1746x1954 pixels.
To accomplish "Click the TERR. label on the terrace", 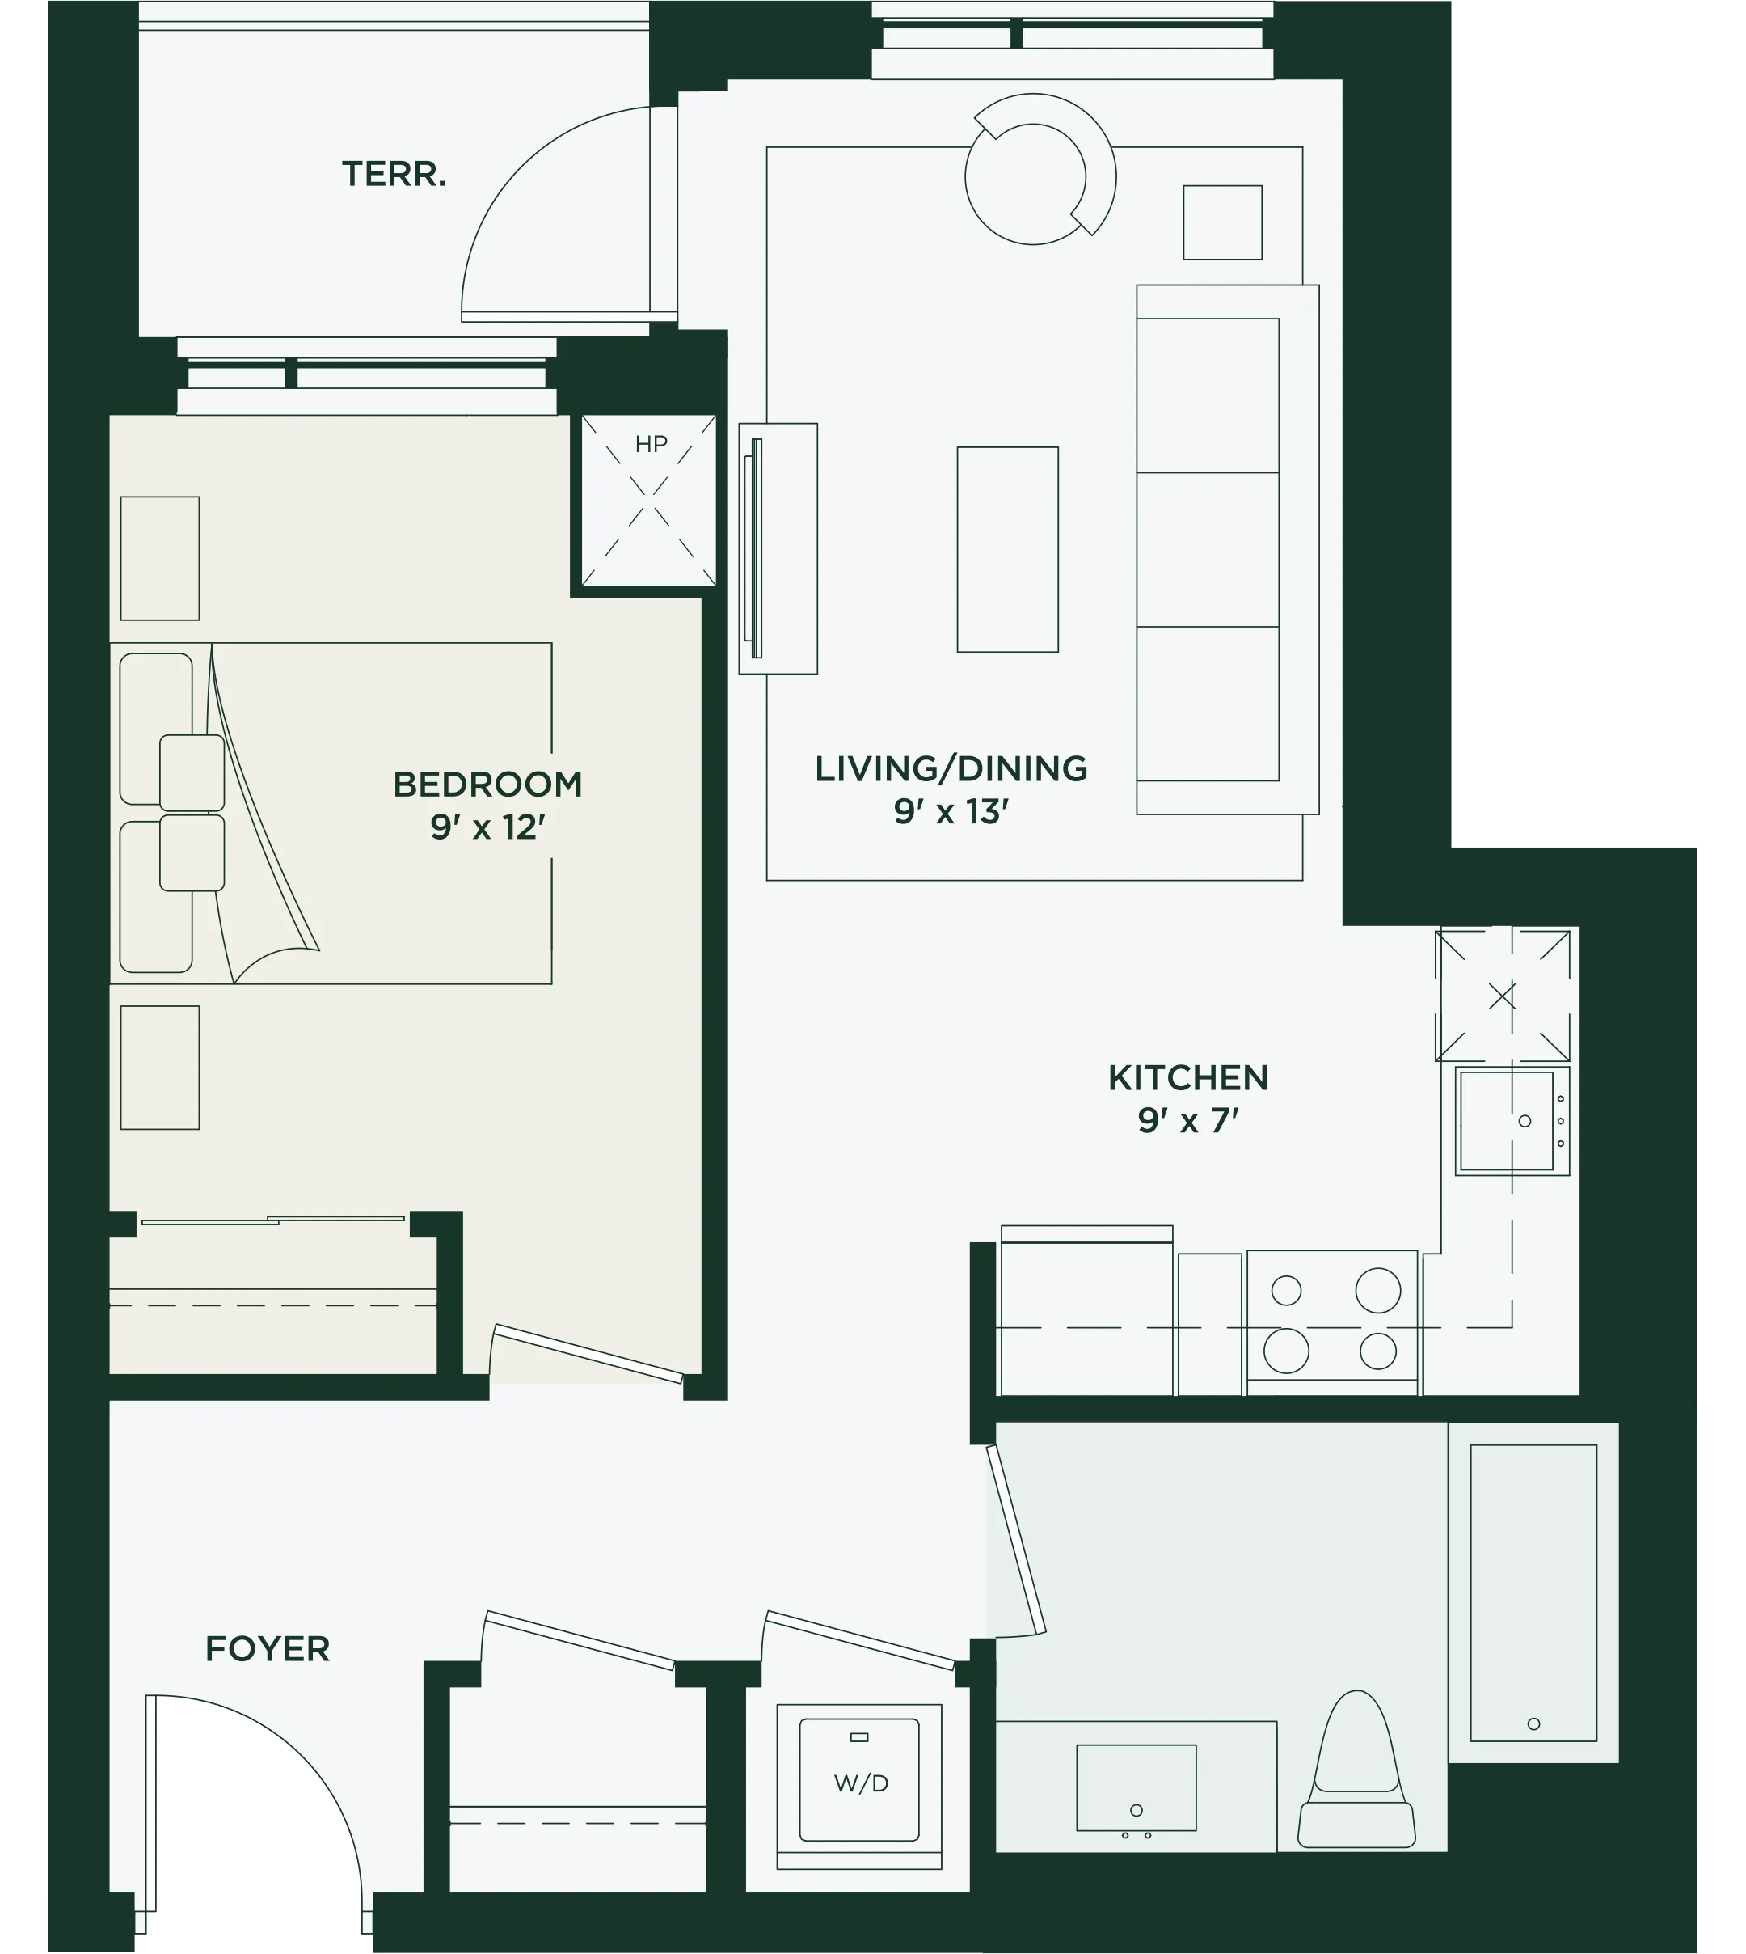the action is [394, 175].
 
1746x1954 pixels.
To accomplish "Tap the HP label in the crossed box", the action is [652, 444].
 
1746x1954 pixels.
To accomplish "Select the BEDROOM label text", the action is [487, 784].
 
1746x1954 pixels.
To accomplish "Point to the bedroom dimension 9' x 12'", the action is [487, 827].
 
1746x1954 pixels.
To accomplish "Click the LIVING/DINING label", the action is [951, 768].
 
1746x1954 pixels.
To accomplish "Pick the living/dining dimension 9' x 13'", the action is [951, 812].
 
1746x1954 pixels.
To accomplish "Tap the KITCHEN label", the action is [1188, 1078].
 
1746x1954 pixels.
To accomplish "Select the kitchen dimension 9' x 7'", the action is [1188, 1120].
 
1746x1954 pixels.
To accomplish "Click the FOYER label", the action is [268, 1649].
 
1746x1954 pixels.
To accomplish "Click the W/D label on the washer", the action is [862, 1783].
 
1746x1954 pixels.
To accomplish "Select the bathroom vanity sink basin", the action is [1137, 1787].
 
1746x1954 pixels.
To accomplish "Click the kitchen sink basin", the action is [1506, 1120].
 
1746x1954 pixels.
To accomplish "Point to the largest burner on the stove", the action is [1377, 1290].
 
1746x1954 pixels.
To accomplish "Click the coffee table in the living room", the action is [1007, 549].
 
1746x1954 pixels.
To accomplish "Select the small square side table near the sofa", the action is [1222, 222].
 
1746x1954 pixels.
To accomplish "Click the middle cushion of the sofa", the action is [1208, 549].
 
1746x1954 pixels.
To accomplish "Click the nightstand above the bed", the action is [160, 557].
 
